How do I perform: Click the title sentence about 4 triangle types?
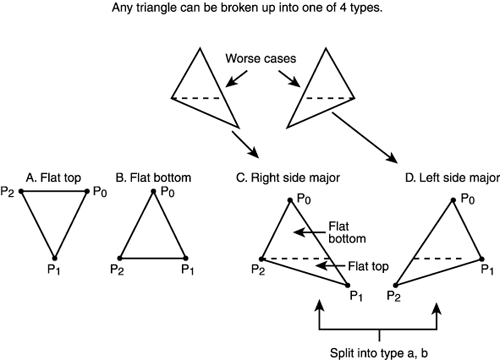249,11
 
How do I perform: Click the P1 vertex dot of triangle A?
56,255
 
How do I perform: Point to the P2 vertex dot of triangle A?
20,192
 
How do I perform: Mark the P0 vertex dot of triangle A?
91,192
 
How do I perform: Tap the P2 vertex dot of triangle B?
120,255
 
